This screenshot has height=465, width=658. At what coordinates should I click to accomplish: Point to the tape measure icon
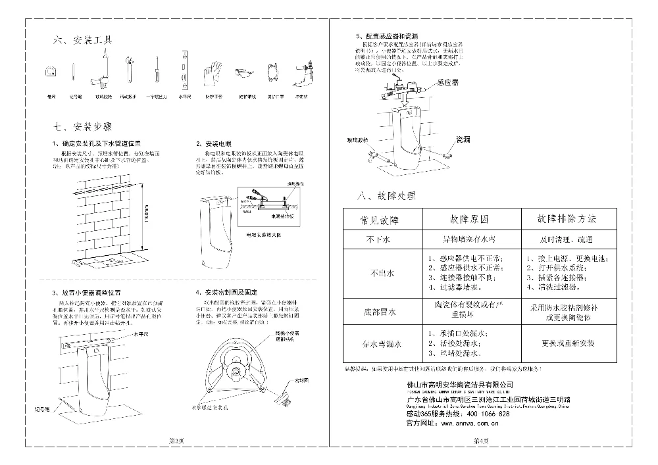pos(51,71)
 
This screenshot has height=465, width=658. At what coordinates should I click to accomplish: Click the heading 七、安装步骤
pos(83,126)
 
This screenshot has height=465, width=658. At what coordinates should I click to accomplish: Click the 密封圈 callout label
pos(301,380)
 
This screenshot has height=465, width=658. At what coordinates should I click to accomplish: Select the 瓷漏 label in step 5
pos(464,140)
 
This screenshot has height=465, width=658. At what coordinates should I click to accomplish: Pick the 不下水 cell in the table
pos(379,240)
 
